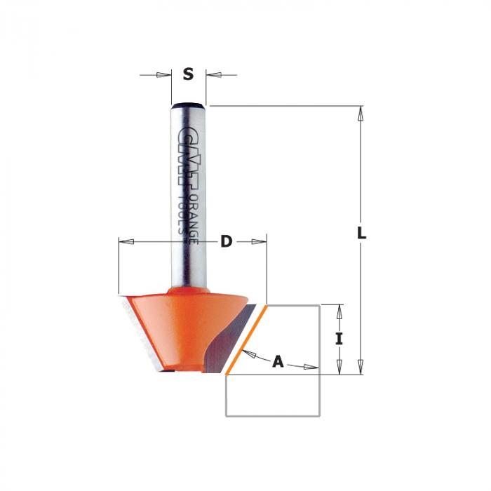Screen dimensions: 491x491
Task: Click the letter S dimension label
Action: [x=188, y=74]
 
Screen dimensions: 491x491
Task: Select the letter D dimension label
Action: [x=227, y=241]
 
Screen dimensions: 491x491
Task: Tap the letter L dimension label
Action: [x=362, y=233]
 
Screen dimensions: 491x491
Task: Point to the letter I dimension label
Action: [x=339, y=339]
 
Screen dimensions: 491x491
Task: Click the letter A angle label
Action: [x=278, y=362]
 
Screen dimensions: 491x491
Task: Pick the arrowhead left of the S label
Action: [x=163, y=75]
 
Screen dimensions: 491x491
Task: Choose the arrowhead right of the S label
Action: [x=214, y=75]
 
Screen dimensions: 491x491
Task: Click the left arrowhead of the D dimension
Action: [x=126, y=242]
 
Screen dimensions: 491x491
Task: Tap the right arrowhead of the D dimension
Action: [x=259, y=242]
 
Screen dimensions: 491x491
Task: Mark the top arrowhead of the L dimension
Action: [x=361, y=114]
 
